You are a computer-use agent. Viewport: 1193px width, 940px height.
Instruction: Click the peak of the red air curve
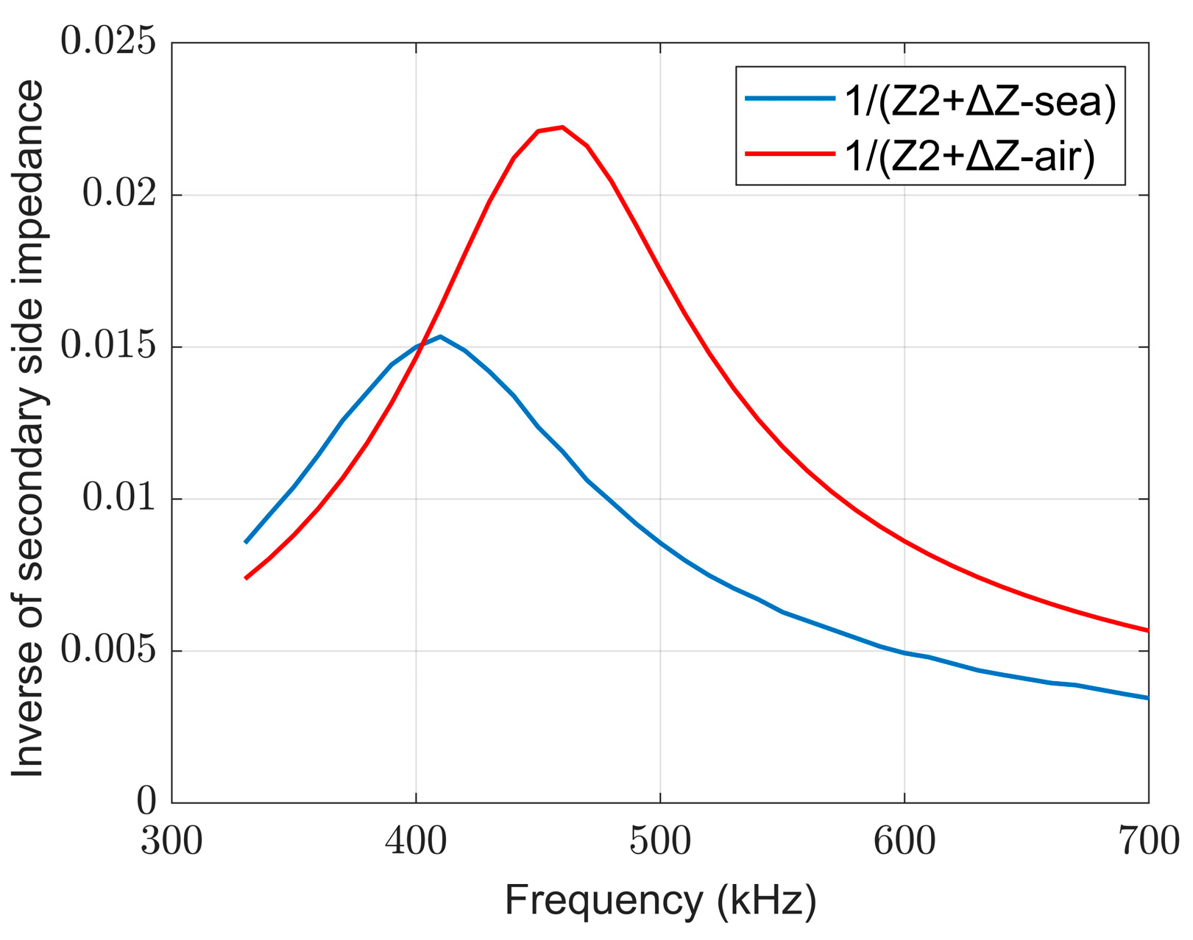(562, 127)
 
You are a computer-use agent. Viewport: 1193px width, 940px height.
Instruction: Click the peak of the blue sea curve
(440, 336)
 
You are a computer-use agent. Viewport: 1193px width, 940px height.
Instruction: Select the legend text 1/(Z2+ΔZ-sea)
(980, 101)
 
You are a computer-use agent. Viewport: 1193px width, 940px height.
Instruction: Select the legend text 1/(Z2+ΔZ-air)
(969, 155)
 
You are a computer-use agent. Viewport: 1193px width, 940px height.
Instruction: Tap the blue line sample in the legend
(790, 99)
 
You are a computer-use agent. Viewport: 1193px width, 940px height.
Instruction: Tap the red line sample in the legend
(790, 153)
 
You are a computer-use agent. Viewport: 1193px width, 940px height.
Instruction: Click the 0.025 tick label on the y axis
(108, 42)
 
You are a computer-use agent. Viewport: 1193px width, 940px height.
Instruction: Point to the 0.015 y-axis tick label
(108, 346)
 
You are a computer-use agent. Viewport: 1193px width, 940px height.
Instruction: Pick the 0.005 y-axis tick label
(108, 650)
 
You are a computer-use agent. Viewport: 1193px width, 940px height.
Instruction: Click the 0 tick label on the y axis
(146, 802)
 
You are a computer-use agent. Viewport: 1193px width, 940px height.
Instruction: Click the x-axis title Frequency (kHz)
(660, 900)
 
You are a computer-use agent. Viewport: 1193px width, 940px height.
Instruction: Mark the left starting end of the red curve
(246, 578)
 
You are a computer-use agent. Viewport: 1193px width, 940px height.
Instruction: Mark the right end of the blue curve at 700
(1147, 697)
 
